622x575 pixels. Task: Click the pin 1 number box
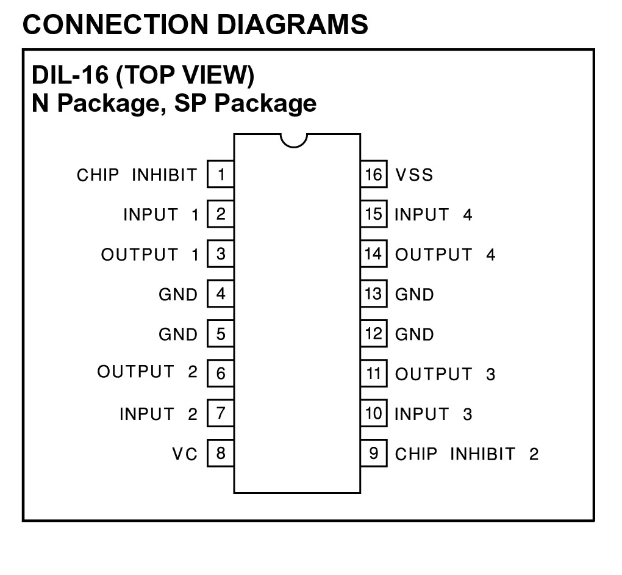(x=221, y=175)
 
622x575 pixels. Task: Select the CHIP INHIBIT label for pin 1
(x=137, y=175)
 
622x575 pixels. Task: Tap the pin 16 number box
(x=373, y=175)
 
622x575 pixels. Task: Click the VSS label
(x=414, y=175)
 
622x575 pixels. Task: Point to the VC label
(x=185, y=454)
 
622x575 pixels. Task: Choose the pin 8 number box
(x=221, y=454)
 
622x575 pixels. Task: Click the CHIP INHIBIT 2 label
(x=467, y=454)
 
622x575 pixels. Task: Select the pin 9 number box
(x=373, y=454)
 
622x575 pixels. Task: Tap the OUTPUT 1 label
(x=150, y=255)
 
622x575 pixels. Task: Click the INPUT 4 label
(x=433, y=215)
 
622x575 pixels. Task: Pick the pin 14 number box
(x=373, y=254)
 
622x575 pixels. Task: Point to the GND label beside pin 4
(x=178, y=295)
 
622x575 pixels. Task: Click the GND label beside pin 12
(x=415, y=335)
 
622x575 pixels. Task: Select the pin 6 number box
(x=221, y=374)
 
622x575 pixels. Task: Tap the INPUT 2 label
(x=159, y=414)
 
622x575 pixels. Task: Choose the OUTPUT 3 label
(x=445, y=374)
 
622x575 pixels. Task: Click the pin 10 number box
(x=373, y=414)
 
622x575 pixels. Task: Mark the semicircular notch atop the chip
(x=294, y=140)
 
